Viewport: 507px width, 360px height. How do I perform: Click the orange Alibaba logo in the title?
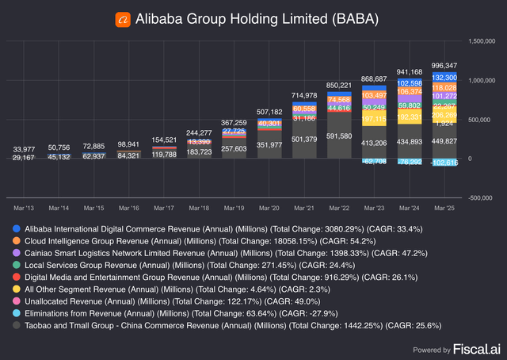point(121,17)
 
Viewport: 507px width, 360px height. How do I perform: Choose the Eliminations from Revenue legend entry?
point(158,312)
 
